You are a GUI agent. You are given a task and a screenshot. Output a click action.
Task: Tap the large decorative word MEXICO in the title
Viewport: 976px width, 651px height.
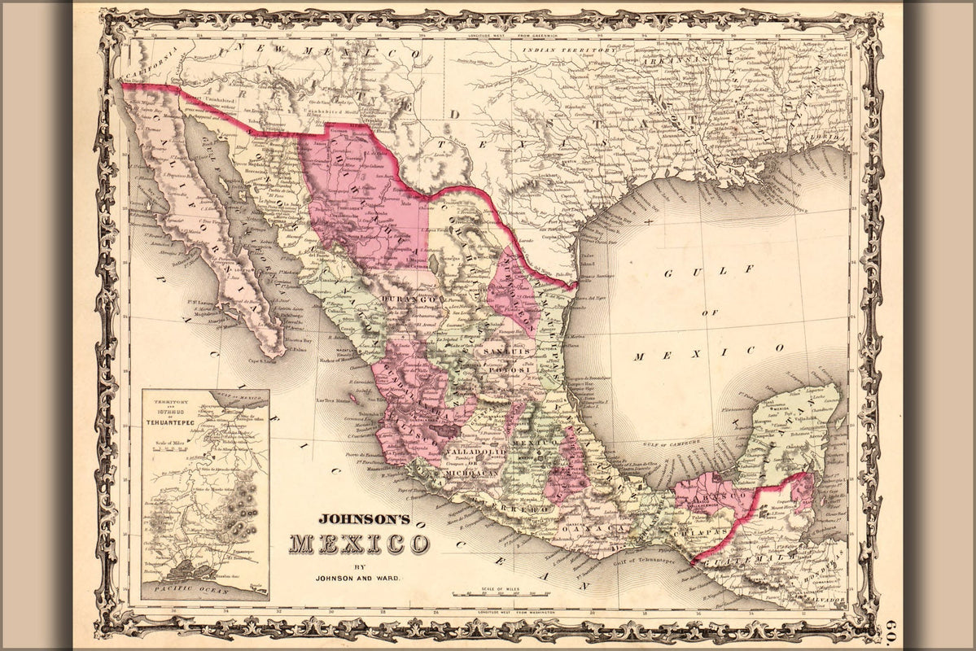click(359, 543)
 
